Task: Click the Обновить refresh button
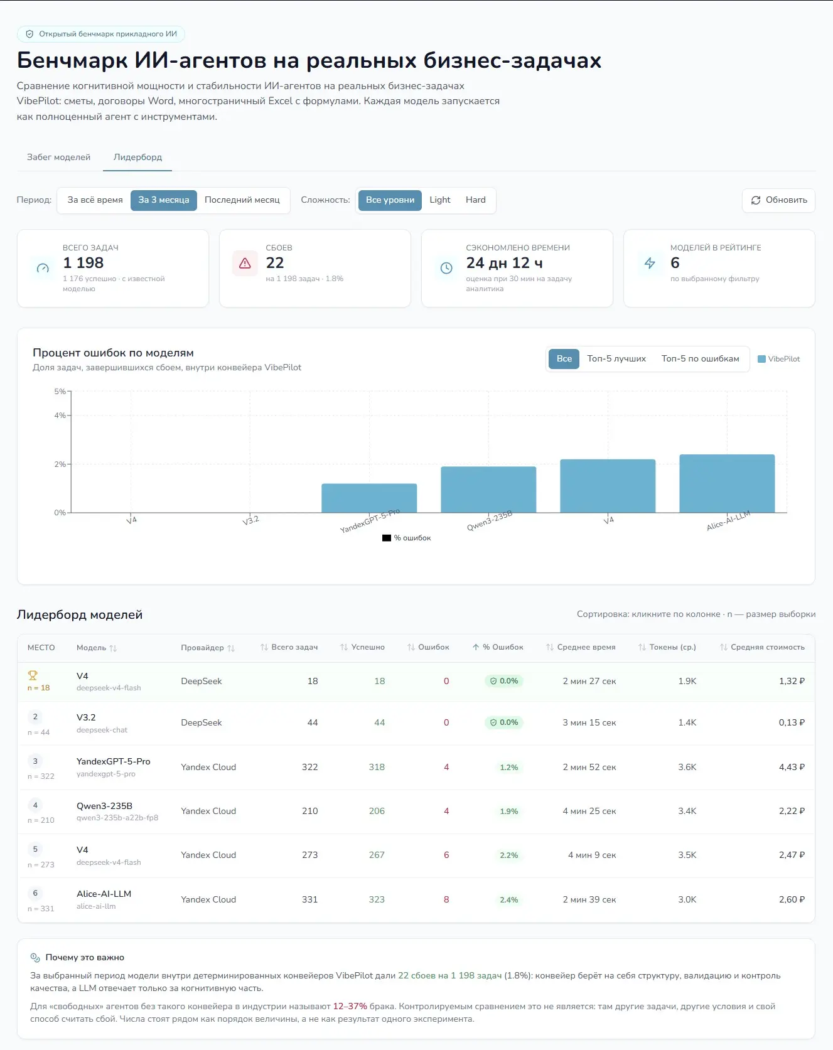pyautogui.click(x=778, y=200)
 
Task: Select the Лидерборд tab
pyautogui.click(x=137, y=157)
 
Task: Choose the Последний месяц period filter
pyautogui.click(x=242, y=200)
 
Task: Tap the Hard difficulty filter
pyautogui.click(x=476, y=200)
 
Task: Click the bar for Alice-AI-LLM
pyautogui.click(x=727, y=483)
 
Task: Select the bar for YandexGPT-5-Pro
pyautogui.click(x=369, y=498)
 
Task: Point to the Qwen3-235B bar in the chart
pyautogui.click(x=488, y=490)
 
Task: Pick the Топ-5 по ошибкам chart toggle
pyautogui.click(x=700, y=359)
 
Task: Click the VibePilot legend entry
pyautogui.click(x=779, y=359)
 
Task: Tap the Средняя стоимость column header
pyautogui.click(x=762, y=647)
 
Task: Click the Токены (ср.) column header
pyautogui.click(x=667, y=647)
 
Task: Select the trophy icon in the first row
pyautogui.click(x=33, y=675)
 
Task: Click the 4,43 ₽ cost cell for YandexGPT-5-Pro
pyautogui.click(x=792, y=767)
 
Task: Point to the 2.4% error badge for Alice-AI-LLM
pyautogui.click(x=509, y=899)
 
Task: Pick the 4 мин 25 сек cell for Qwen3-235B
pyautogui.click(x=589, y=811)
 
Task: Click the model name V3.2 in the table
pyautogui.click(x=86, y=717)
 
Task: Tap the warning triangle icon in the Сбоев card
pyautogui.click(x=245, y=264)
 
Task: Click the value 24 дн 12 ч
pyautogui.click(x=504, y=263)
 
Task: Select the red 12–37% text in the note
pyautogui.click(x=350, y=1006)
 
